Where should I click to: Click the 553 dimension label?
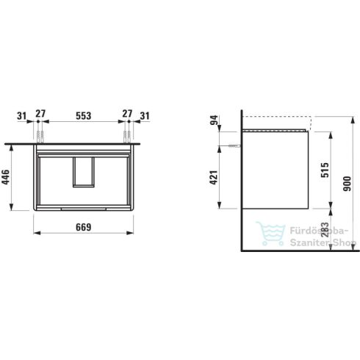(x=84, y=115)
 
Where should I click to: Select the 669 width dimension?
(x=84, y=227)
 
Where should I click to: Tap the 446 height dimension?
(x=5, y=177)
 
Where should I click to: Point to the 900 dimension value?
(x=347, y=184)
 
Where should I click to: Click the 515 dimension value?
(x=325, y=170)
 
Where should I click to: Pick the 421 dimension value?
(x=214, y=177)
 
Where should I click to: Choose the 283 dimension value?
(x=325, y=230)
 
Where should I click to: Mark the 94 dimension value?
(x=214, y=120)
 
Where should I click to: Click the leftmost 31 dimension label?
(x=21, y=115)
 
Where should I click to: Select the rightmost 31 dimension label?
(x=145, y=115)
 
